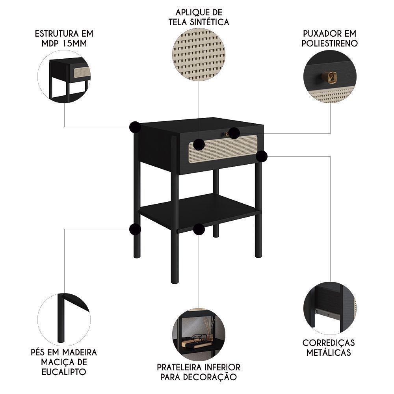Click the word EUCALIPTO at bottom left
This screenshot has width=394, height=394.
coord(64,372)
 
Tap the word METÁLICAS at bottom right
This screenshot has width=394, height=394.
coord(329,353)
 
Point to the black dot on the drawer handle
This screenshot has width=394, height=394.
coord(234,133)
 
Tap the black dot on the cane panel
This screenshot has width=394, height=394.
coord(199,145)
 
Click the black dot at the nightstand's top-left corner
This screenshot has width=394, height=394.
coord(135,127)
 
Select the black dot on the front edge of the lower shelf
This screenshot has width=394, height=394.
coord(199,229)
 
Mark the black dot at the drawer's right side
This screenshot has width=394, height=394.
coord(262,156)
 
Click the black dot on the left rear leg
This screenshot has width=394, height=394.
coord(135,229)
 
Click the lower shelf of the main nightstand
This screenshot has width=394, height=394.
coord(205,209)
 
